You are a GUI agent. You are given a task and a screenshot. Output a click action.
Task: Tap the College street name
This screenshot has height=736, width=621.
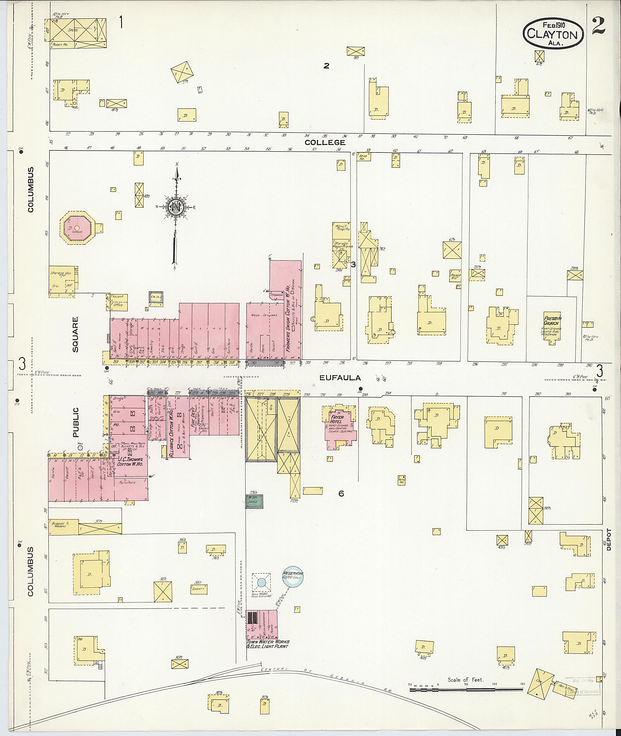pos(325,142)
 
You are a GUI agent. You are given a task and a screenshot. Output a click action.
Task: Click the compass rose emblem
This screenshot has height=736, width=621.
pos(175,207)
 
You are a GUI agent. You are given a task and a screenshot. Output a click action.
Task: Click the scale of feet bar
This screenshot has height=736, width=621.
pos(467,690)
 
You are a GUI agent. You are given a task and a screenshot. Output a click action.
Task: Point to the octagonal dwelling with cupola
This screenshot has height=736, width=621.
pos(77,229)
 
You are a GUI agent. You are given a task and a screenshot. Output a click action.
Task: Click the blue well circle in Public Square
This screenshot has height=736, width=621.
pos(80,448)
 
